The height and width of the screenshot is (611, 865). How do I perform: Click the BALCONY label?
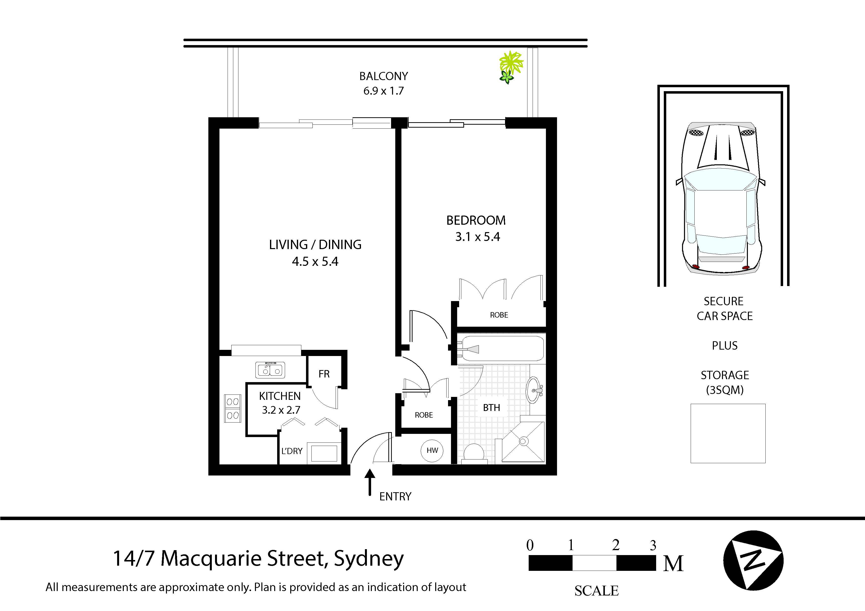[383, 76]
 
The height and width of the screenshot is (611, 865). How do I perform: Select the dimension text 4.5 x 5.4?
[315, 261]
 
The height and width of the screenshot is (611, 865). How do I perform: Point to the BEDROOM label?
[476, 220]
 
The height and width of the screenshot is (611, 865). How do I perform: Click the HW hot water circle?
[432, 451]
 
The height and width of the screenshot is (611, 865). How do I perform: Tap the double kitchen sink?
[270, 370]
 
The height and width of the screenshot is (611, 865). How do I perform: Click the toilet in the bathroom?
[474, 453]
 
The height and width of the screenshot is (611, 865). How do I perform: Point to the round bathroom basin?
[533, 390]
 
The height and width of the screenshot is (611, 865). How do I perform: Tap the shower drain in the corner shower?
[523, 441]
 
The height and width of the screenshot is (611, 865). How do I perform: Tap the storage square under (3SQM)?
[727, 433]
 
